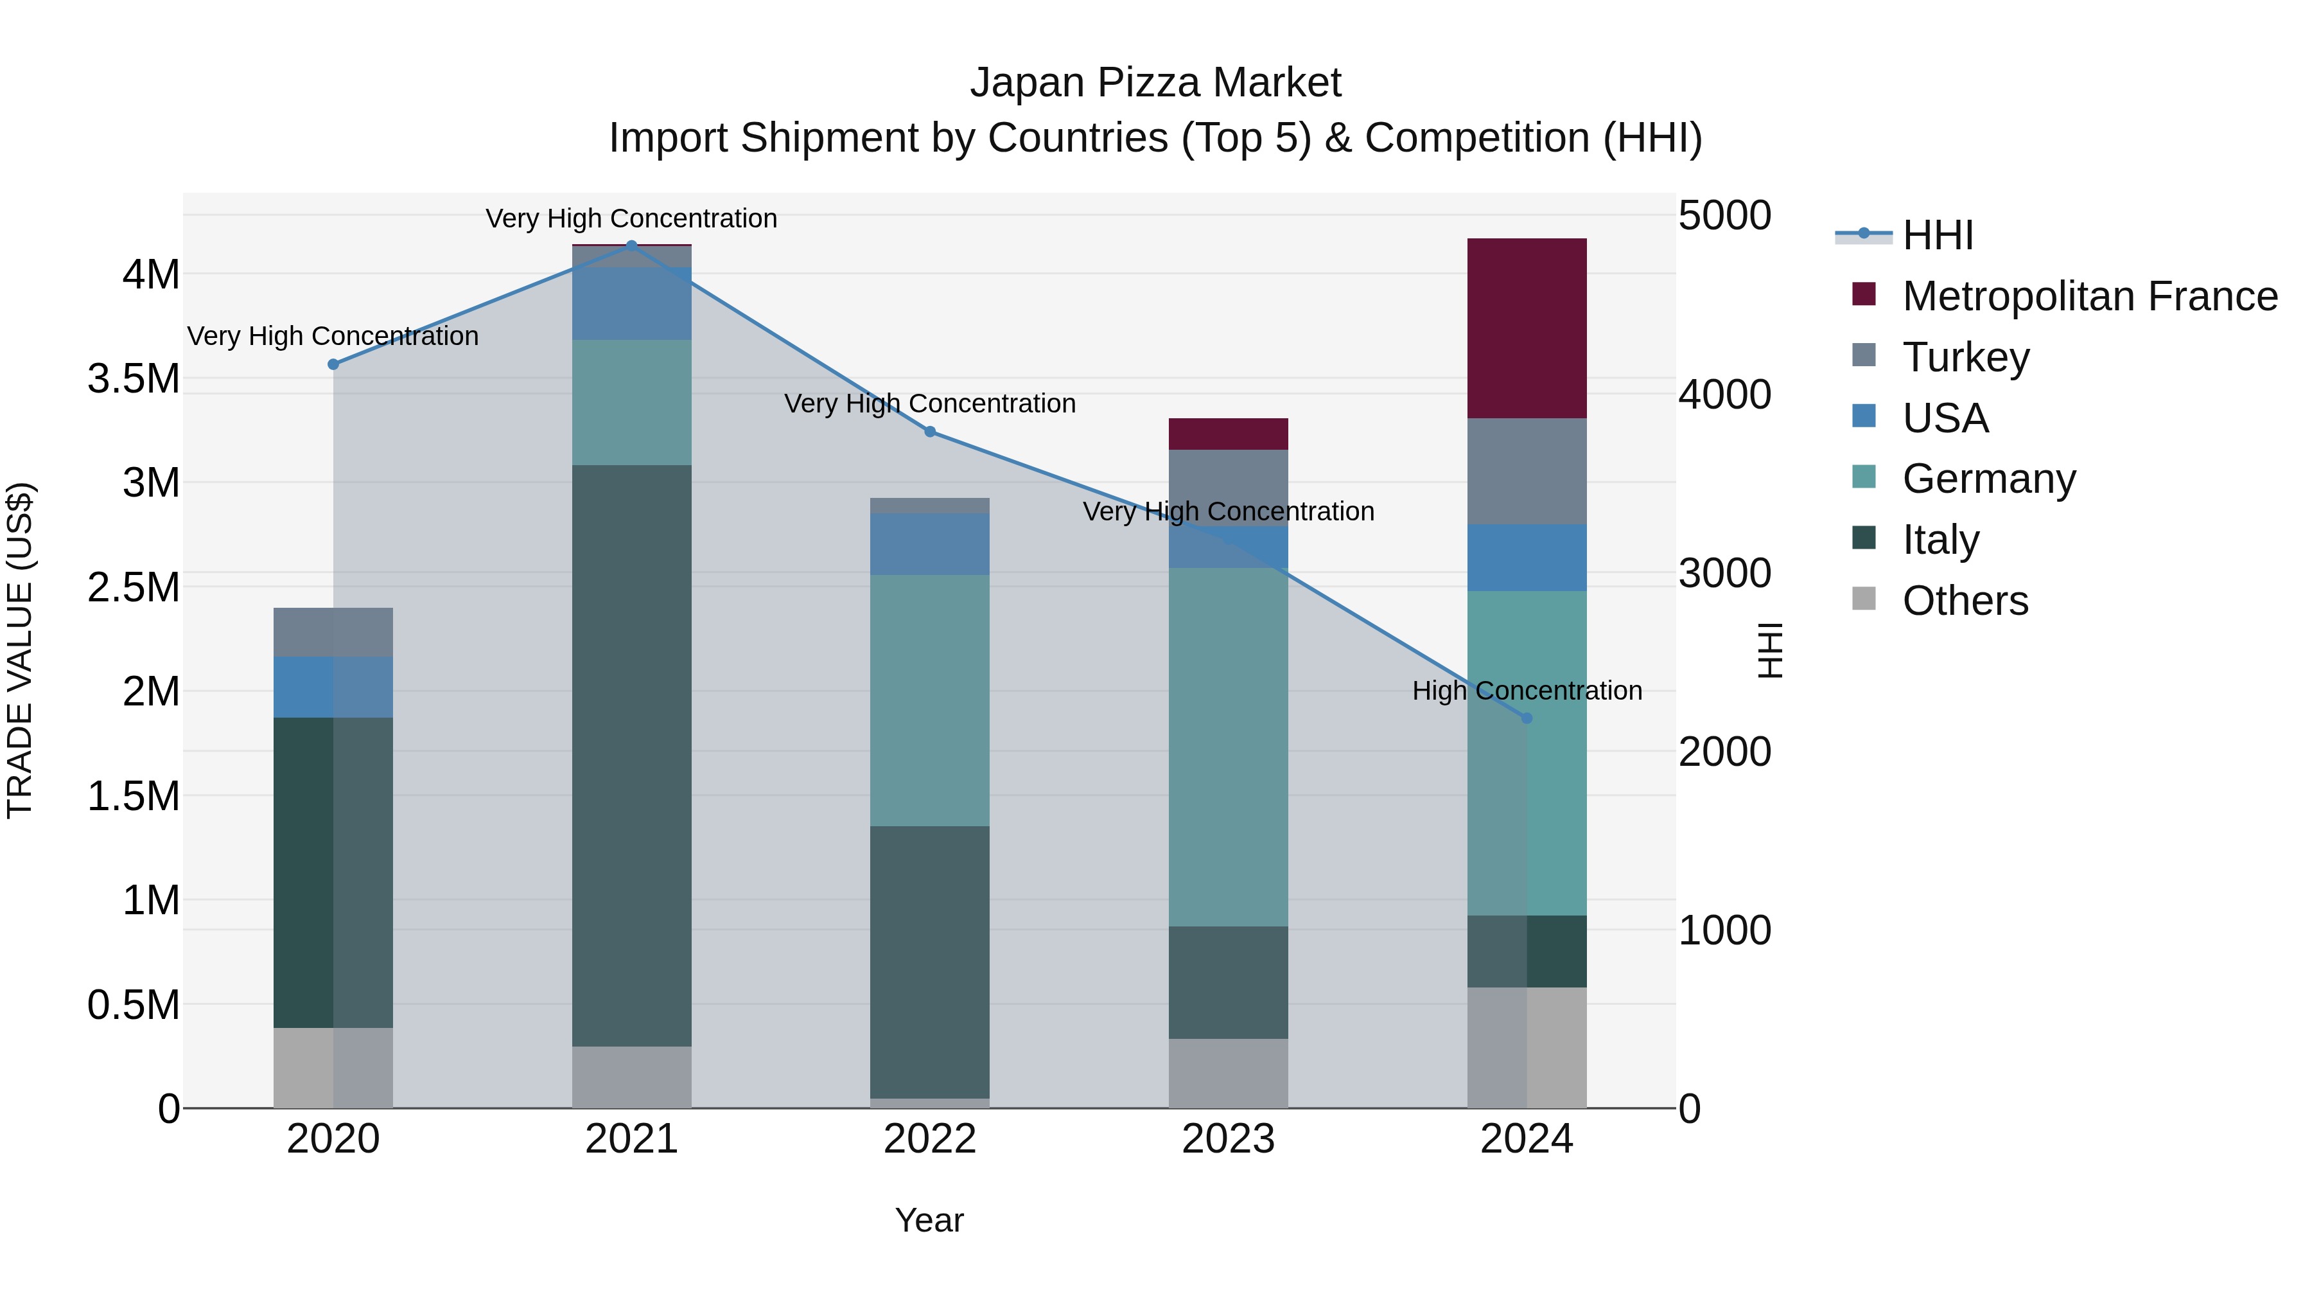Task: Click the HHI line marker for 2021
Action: pos(632,246)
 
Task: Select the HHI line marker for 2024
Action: pos(1527,718)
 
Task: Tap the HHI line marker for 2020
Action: pos(333,364)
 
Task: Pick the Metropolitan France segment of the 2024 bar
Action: pos(1527,328)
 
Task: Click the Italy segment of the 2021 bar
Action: pos(632,754)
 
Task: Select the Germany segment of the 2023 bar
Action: pos(1228,745)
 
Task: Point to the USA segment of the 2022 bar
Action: pos(930,544)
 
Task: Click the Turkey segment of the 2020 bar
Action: pos(333,632)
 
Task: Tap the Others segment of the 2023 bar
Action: pos(1228,1073)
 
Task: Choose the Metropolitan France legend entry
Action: pos(2089,296)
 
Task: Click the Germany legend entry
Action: pos(1989,479)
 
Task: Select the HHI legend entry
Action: pos(1937,235)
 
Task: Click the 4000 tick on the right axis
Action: pos(1724,394)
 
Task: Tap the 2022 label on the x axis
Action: pos(930,1139)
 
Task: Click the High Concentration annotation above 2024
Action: pos(1527,691)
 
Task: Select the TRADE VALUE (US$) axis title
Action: pos(20,650)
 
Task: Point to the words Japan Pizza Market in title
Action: pos(1155,83)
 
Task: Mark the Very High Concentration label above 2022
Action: pos(930,404)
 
